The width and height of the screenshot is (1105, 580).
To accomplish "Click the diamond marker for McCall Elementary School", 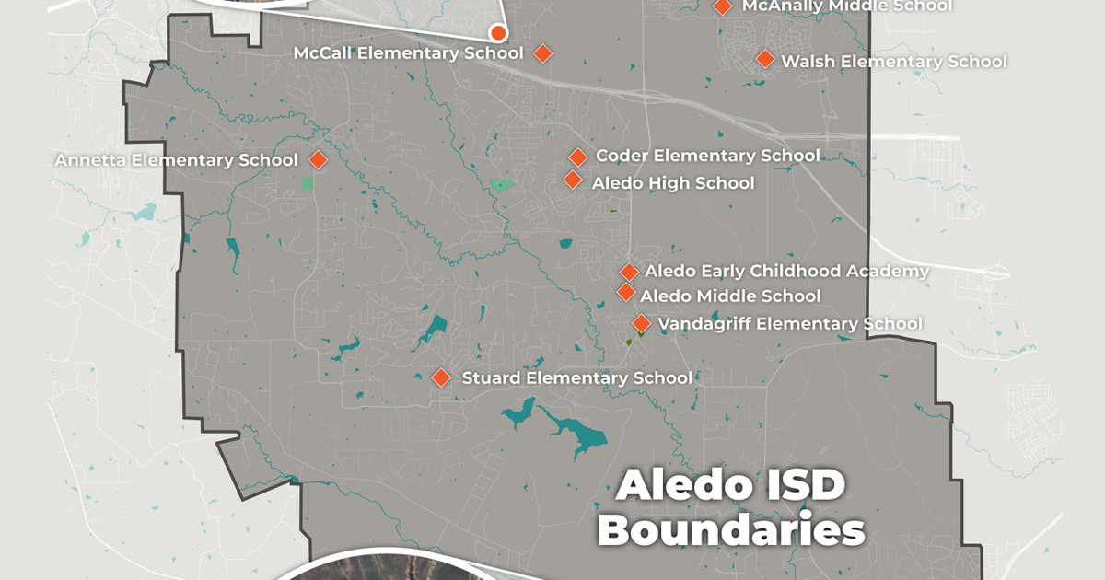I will [x=542, y=53].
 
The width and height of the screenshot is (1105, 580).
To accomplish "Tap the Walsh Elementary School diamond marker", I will [x=764, y=59].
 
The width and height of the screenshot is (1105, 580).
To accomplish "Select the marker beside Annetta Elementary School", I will [x=318, y=159].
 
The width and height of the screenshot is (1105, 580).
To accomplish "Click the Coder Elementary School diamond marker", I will [x=577, y=157].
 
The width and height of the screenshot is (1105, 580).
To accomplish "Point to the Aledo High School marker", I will [x=573, y=180].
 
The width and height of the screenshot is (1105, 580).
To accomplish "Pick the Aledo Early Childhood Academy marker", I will [x=629, y=272].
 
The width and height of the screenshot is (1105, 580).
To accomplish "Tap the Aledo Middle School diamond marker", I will [x=625, y=293].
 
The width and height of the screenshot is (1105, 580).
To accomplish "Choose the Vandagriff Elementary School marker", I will [x=641, y=323].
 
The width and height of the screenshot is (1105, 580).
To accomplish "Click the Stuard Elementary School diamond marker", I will [x=441, y=377].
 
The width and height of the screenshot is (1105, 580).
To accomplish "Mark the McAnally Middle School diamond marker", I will [x=723, y=6].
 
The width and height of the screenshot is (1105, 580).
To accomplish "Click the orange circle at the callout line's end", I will [x=498, y=33].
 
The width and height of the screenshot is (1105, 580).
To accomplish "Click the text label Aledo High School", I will [x=672, y=183].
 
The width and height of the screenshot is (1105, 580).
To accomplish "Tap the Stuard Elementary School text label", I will [x=576, y=377].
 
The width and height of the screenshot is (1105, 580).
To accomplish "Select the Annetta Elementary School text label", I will [x=176, y=160].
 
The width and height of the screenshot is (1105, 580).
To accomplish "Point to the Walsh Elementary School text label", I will [x=893, y=62].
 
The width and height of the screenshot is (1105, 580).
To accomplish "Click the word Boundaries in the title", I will [x=732, y=531].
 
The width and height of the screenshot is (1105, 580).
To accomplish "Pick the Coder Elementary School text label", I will [x=707, y=156].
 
